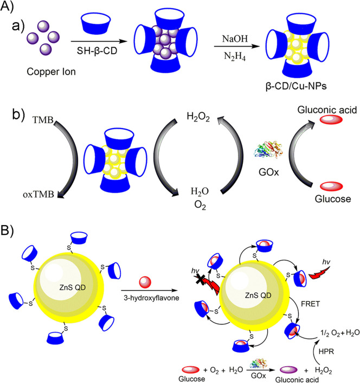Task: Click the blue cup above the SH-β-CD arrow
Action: coord(98,24)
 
